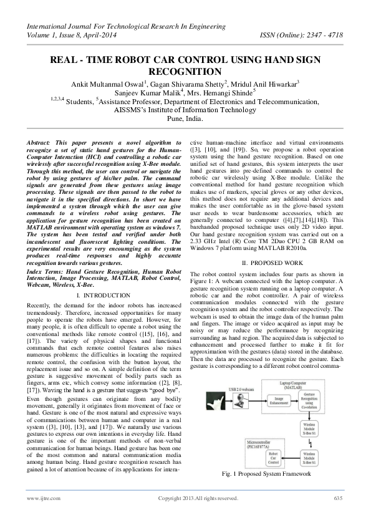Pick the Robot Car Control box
[273, 459]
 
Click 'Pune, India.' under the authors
[185, 118]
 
